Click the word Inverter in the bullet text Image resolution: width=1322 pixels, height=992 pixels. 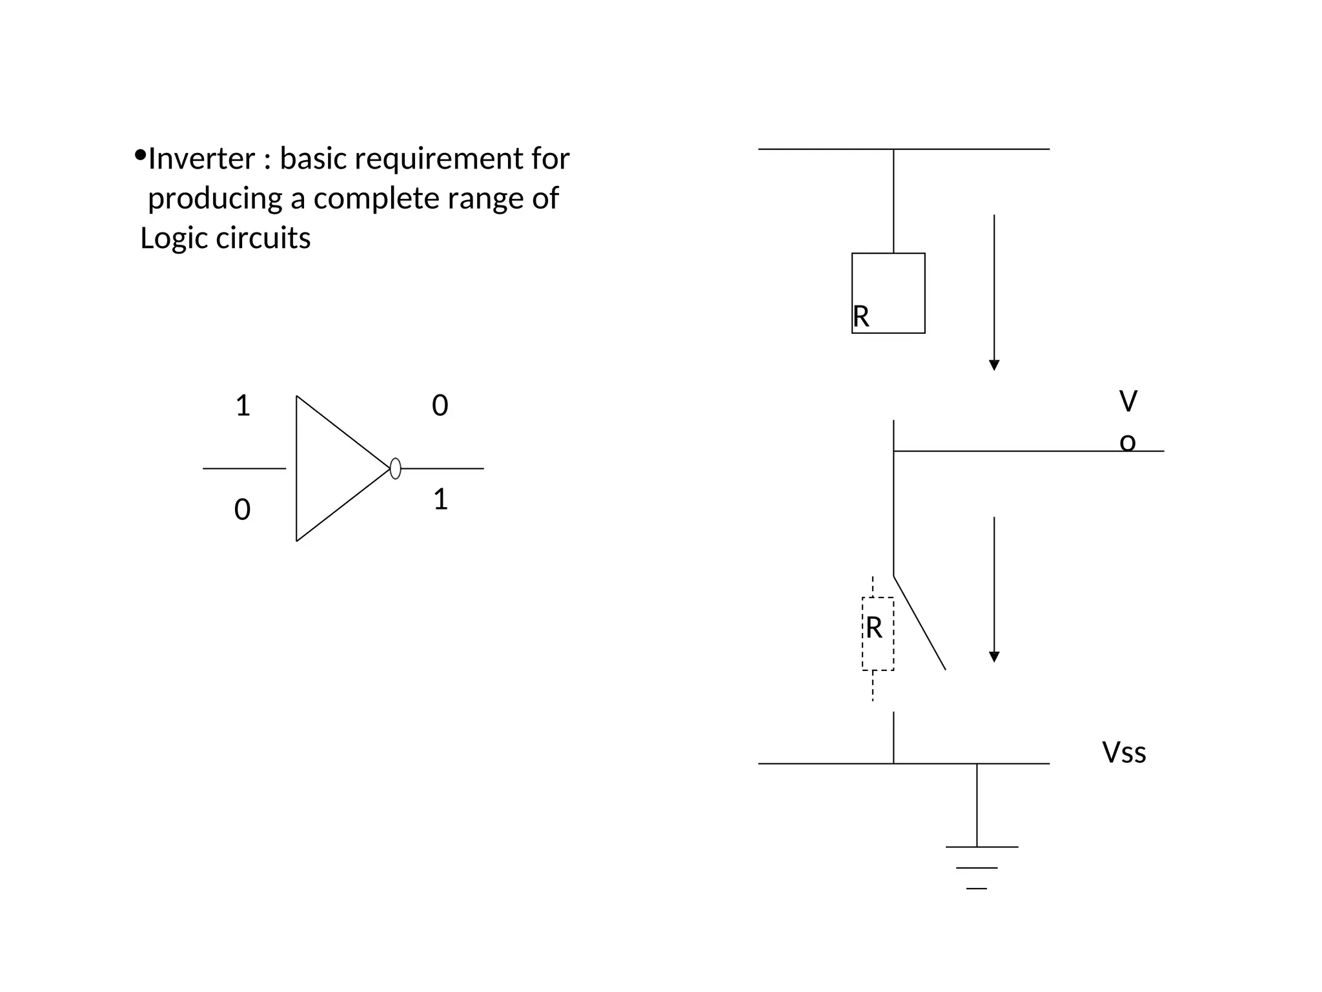(x=201, y=159)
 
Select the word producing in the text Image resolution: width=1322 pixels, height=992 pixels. (x=214, y=198)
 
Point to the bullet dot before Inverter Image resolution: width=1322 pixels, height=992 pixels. (x=140, y=155)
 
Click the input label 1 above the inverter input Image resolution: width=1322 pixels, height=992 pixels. (x=243, y=406)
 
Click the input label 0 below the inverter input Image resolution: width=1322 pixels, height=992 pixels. (x=242, y=510)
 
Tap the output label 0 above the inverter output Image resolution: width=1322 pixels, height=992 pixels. (x=440, y=406)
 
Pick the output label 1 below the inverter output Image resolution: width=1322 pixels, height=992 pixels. (x=440, y=500)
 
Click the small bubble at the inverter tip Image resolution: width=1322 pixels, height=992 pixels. (x=396, y=468)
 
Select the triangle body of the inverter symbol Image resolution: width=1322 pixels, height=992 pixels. (x=329, y=468)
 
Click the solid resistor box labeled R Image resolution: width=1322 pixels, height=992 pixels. (x=888, y=293)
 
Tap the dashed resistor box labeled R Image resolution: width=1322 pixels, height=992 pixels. (x=878, y=634)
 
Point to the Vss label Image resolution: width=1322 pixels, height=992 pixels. (x=1124, y=753)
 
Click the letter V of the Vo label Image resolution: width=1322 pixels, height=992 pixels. (x=1128, y=402)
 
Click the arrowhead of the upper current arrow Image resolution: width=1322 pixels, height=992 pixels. (x=994, y=365)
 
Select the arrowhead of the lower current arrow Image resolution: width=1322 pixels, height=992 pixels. (x=994, y=657)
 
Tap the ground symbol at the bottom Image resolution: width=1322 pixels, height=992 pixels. (x=977, y=866)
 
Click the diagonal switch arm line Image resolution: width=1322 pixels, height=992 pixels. (x=920, y=623)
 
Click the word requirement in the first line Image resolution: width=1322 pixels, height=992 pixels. (x=437, y=159)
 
